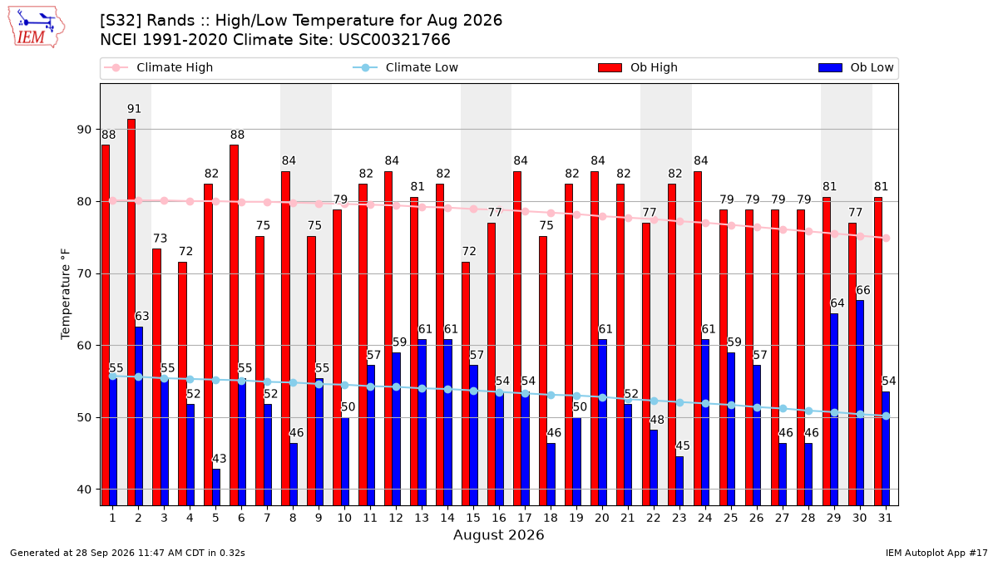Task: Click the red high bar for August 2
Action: pos(131,312)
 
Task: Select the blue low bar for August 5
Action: pos(216,487)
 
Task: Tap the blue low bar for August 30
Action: pos(860,403)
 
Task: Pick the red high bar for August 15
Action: pos(466,384)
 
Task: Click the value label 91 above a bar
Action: pos(134,109)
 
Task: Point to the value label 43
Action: pos(220,459)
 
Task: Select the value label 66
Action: pos(863,290)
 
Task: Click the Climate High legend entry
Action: pos(159,67)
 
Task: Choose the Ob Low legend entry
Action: pos(857,67)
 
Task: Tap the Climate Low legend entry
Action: pos(406,67)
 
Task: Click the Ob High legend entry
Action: pos(638,67)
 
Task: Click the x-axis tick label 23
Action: pos(679,518)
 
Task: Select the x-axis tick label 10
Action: pos(344,518)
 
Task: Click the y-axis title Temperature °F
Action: pos(66,294)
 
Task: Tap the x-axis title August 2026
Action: pos(498,534)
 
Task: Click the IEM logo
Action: pos(37,27)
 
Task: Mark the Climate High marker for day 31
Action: pos(887,239)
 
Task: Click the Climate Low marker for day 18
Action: pos(551,395)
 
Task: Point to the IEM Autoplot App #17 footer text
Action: pos(936,553)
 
